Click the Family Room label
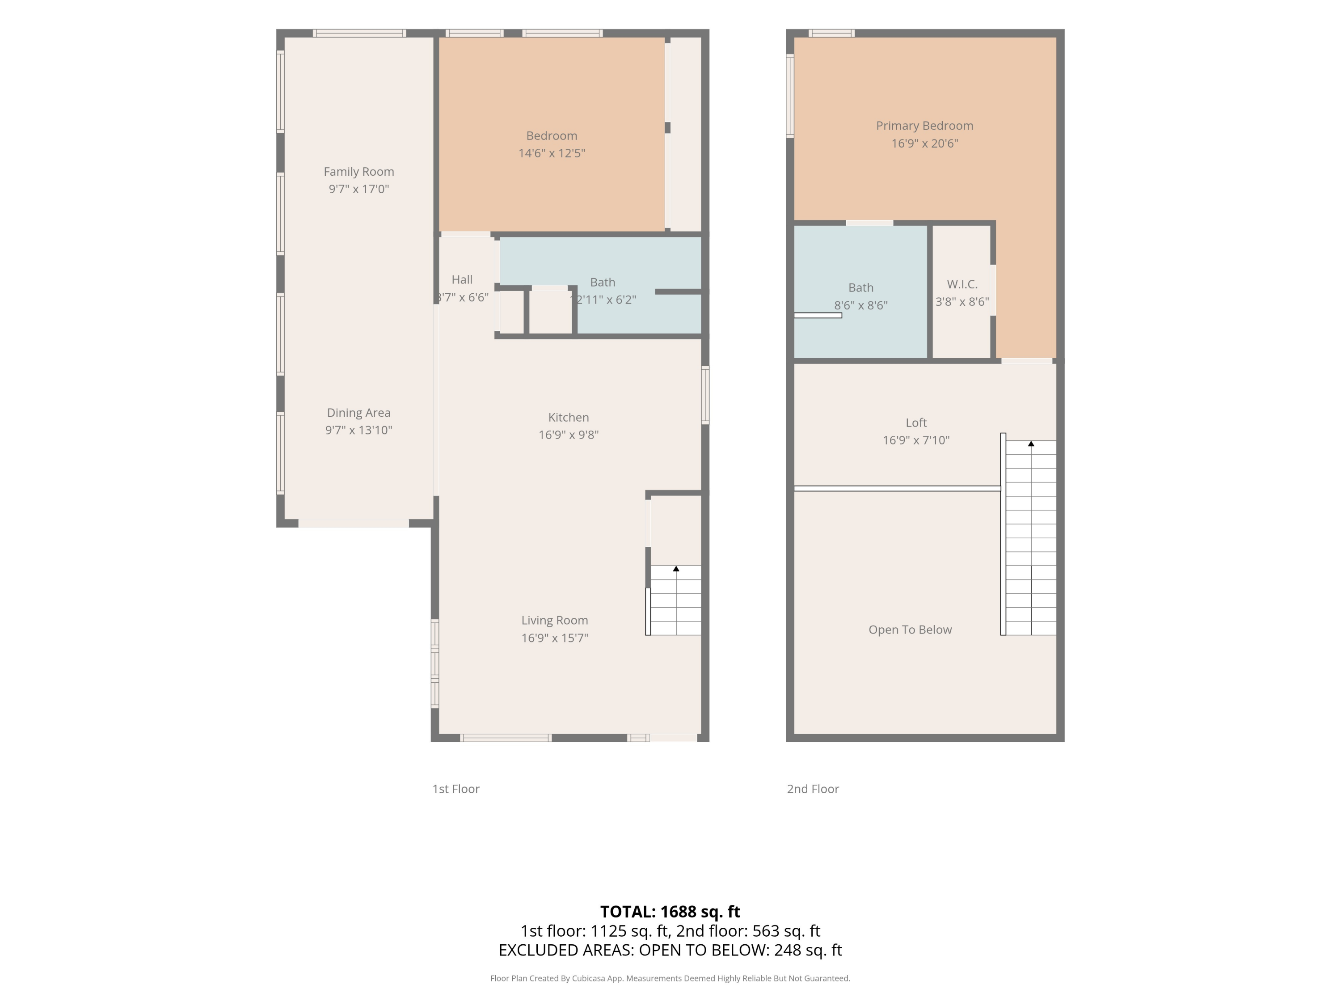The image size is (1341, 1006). (x=359, y=172)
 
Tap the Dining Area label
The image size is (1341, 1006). (x=359, y=412)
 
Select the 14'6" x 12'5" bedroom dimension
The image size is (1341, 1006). (x=552, y=153)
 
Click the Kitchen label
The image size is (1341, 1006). (x=569, y=417)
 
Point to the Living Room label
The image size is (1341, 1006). (x=555, y=620)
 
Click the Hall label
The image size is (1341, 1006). (x=462, y=279)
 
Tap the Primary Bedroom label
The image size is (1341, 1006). (x=924, y=126)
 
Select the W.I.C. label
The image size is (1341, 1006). (x=962, y=284)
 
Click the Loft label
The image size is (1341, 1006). (x=916, y=423)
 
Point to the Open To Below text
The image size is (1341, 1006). (x=910, y=630)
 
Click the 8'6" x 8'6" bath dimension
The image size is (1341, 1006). (x=861, y=305)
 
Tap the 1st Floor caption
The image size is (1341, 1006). (x=456, y=789)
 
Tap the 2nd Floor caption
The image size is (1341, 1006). (x=813, y=789)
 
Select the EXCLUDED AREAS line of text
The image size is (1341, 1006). (x=670, y=950)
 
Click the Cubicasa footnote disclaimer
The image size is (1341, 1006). (x=670, y=978)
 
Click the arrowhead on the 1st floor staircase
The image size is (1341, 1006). (x=676, y=569)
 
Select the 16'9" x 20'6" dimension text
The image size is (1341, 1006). (x=924, y=143)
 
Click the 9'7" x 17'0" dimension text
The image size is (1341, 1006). (x=359, y=189)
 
